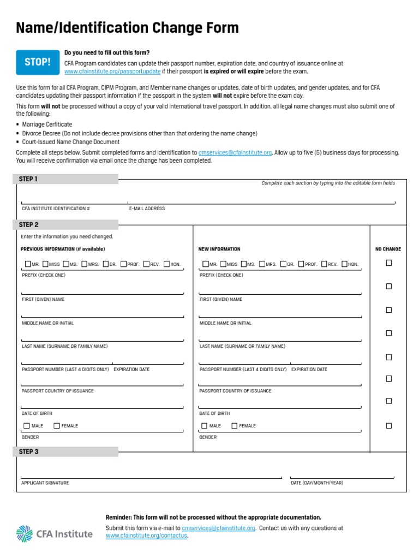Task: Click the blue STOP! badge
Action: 37,62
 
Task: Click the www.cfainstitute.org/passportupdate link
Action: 112,72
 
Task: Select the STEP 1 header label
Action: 28,179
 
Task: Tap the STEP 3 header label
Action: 28,451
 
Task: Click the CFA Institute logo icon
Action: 25,533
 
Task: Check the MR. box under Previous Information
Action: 27,264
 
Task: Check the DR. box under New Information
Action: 283,264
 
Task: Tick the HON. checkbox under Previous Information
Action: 167,264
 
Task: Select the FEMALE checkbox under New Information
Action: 235,426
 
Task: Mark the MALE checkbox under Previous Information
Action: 27,426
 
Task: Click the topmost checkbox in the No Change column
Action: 389,263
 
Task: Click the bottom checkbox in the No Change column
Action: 389,426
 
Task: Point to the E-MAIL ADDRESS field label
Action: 147,209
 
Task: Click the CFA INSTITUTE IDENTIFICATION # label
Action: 56,209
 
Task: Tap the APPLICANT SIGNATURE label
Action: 45,483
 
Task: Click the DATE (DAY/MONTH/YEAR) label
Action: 317,483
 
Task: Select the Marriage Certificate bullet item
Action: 47,124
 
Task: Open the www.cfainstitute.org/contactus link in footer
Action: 146,536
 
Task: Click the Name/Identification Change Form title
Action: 127,28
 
